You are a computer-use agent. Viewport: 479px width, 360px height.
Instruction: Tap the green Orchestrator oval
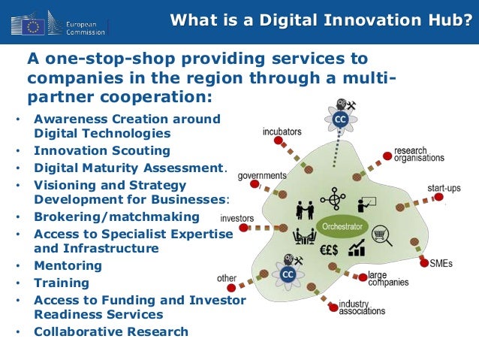point(342,225)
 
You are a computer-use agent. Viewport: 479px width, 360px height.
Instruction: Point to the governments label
point(262,176)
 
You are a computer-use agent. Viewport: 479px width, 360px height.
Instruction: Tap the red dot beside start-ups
point(438,198)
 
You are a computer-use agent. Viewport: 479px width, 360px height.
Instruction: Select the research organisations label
point(419,154)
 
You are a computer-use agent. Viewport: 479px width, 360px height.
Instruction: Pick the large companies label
point(388,279)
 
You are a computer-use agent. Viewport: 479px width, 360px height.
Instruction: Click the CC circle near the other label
point(287,274)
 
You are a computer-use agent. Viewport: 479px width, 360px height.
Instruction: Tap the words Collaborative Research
point(110,331)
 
